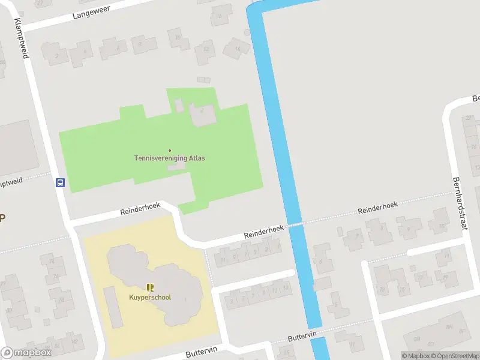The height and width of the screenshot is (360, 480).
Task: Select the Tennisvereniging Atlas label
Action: [x=169, y=158]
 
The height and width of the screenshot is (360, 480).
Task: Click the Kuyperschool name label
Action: [x=150, y=297]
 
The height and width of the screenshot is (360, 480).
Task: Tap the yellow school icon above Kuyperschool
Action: [x=150, y=288]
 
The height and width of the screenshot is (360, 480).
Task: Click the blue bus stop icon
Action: [x=60, y=183]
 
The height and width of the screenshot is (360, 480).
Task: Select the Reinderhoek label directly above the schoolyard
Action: [x=140, y=208]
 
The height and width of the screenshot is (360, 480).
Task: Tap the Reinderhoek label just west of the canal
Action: [x=263, y=233]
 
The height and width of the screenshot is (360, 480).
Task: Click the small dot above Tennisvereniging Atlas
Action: [x=170, y=150]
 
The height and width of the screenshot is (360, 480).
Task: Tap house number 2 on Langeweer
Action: [x=58, y=56]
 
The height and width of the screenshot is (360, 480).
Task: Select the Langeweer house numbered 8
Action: [x=140, y=44]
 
